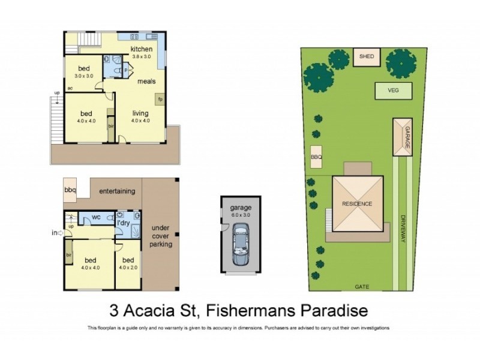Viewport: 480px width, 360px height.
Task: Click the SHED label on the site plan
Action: tap(367, 57)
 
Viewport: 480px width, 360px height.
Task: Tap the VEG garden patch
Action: tap(394, 91)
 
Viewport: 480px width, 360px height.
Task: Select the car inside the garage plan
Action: tap(240, 245)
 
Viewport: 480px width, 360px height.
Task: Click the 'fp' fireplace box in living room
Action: tap(160, 100)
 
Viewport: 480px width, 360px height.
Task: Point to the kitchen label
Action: tap(142, 49)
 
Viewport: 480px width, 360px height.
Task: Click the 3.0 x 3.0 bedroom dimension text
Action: tap(83, 76)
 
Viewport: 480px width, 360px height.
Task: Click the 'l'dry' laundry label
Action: tap(124, 223)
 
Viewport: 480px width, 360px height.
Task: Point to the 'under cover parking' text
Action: tap(161, 236)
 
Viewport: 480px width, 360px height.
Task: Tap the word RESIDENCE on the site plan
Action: tap(358, 203)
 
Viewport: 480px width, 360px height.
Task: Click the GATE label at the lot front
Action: tap(361, 286)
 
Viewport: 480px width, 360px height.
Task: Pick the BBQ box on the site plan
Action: tap(316, 157)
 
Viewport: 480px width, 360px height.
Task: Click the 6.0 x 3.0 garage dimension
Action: tap(239, 215)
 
